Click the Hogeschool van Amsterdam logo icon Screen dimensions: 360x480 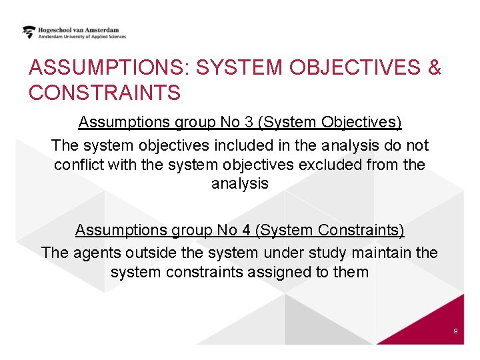(29, 32)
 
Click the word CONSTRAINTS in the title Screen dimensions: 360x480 (105, 93)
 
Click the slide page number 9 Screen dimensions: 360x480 (455, 331)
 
